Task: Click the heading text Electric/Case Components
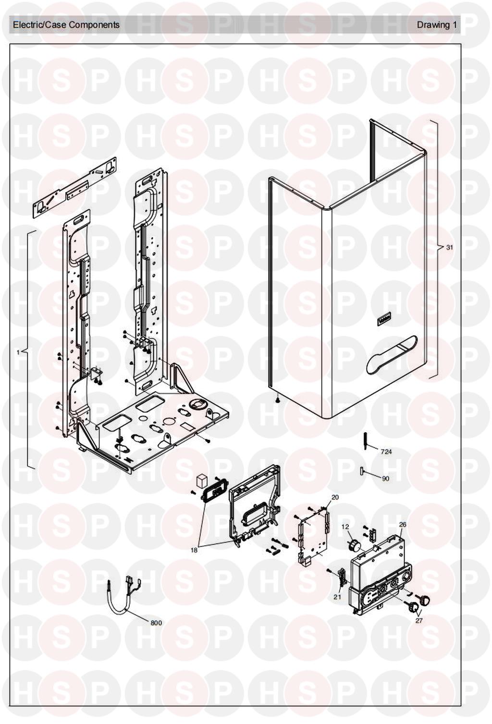[x=66, y=25]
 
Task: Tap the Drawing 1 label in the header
[x=437, y=25]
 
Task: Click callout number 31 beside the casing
[x=450, y=248]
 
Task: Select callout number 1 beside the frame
[x=18, y=352]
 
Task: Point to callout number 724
[x=386, y=451]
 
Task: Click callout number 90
[x=386, y=479]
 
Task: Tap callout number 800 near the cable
[x=156, y=623]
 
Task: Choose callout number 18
[x=194, y=550]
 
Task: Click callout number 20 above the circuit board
[x=335, y=497]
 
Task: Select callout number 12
[x=345, y=527]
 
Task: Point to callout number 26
[x=403, y=525]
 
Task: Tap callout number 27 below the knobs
[x=419, y=621]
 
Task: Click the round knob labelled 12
[x=355, y=545]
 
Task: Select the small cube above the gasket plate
[x=201, y=481]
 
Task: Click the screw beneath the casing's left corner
[x=277, y=401]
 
